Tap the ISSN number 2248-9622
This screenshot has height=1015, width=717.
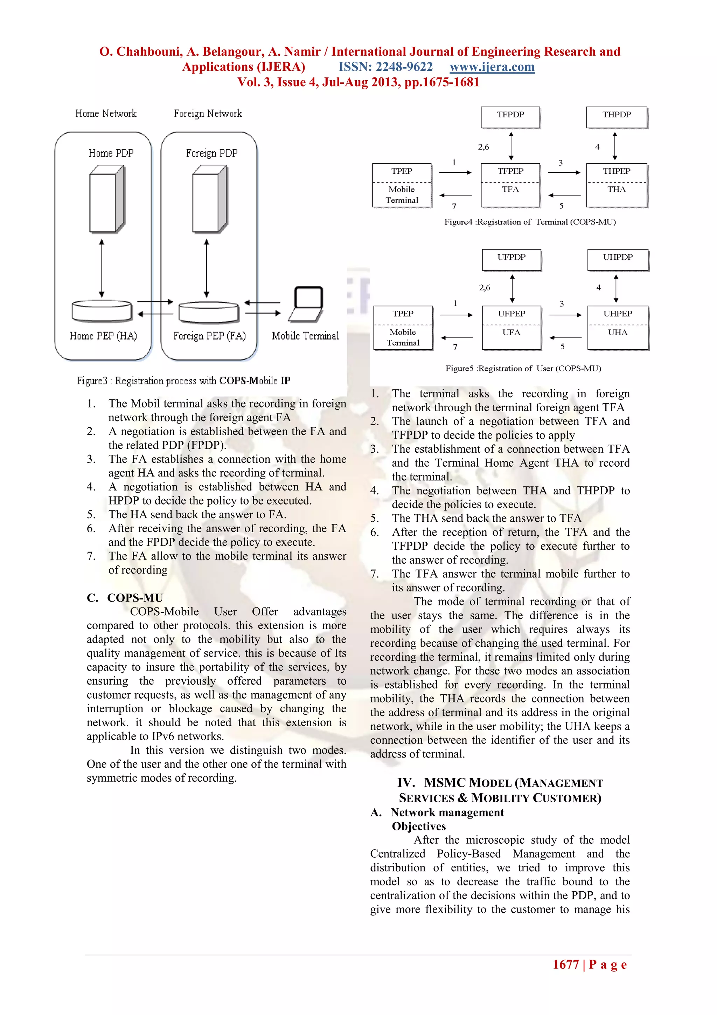(x=386, y=67)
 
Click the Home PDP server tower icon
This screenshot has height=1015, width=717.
(x=106, y=199)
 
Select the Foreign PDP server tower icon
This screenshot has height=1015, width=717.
(x=209, y=199)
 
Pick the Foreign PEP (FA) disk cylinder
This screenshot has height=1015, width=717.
(x=209, y=312)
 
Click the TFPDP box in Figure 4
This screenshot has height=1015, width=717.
(x=510, y=117)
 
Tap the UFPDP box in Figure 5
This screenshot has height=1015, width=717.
(x=511, y=260)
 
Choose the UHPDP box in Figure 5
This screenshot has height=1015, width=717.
(x=618, y=260)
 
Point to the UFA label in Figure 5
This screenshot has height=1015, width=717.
(x=511, y=332)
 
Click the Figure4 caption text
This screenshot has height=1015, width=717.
(x=530, y=222)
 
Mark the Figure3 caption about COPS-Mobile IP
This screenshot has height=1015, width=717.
(x=183, y=380)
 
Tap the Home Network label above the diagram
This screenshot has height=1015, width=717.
(x=106, y=114)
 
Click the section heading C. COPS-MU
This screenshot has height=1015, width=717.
(x=125, y=598)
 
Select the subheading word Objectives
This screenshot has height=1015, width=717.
(x=419, y=826)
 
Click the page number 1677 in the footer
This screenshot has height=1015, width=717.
(x=565, y=965)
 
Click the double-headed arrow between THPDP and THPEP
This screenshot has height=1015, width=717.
(x=614, y=145)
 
